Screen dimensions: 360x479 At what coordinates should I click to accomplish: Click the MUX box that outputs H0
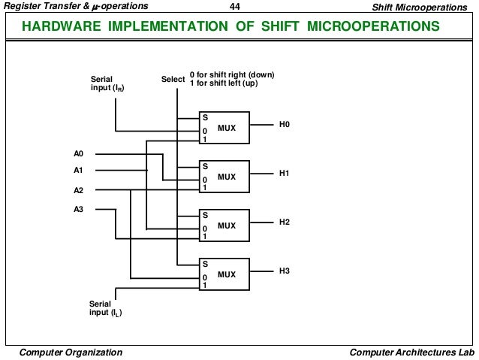224,128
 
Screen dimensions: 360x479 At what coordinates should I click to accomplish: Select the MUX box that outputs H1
224,177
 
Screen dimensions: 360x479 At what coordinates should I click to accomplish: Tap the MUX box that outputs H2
224,225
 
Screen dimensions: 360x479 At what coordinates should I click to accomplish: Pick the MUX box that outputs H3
224,274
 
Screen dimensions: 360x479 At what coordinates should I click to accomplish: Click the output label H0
284,124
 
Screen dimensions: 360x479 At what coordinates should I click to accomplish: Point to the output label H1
284,173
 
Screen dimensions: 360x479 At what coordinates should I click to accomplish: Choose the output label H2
284,222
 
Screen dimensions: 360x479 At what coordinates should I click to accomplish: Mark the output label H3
284,271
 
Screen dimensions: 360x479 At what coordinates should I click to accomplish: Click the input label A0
79,154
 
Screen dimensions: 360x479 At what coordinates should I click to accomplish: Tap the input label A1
79,171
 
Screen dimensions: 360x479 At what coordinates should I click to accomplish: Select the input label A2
79,190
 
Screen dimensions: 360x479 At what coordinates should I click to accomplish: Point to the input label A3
79,209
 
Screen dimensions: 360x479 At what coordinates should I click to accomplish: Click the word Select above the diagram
173,79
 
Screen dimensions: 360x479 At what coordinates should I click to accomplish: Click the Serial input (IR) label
104,83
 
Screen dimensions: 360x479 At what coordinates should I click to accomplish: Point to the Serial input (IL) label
104,308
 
